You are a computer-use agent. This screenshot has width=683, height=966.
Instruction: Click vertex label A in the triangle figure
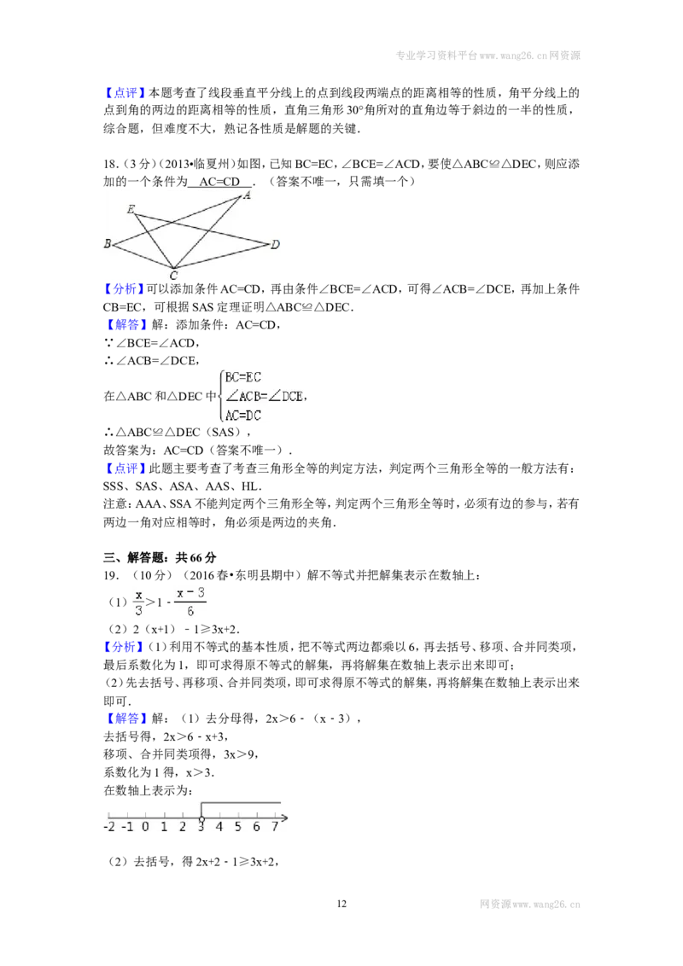(247, 195)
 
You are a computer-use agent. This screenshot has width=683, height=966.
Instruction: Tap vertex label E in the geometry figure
(131, 209)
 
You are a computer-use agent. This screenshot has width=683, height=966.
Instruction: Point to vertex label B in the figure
(108, 243)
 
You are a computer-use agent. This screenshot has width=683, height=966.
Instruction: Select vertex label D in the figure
(275, 245)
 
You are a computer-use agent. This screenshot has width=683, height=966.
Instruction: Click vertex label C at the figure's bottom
(174, 276)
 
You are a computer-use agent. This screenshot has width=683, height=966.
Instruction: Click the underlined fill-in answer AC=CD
(219, 182)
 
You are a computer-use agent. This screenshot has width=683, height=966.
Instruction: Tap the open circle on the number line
(201, 819)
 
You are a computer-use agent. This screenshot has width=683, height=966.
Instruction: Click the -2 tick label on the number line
(109, 827)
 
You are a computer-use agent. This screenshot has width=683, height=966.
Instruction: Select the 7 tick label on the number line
(275, 827)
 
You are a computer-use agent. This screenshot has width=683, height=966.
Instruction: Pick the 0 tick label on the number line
(145, 827)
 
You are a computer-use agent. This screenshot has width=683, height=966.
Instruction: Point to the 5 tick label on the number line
(238, 827)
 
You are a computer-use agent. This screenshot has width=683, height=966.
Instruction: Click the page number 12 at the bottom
(341, 904)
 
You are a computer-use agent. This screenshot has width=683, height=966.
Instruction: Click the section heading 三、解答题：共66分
(160, 557)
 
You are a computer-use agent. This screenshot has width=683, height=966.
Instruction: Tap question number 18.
(111, 164)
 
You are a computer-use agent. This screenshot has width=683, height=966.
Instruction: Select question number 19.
(111, 576)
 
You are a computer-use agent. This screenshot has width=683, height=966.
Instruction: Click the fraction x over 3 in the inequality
(138, 602)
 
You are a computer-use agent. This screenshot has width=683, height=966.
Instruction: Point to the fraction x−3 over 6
(190, 602)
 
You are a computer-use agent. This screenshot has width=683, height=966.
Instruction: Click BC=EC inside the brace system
(242, 377)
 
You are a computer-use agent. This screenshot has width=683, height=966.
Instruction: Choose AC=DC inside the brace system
(242, 416)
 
